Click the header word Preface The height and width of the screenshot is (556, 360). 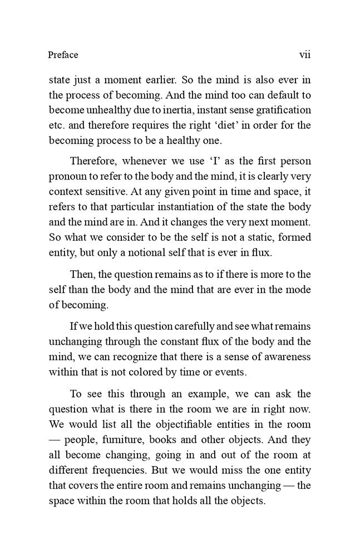(63, 54)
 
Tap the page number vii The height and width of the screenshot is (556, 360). (304, 54)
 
